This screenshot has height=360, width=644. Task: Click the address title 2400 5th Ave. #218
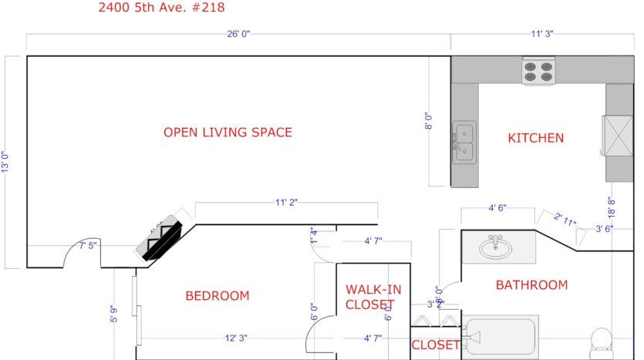(x=162, y=8)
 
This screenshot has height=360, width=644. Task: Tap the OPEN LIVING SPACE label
(x=228, y=133)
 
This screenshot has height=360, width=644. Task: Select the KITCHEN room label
(x=535, y=138)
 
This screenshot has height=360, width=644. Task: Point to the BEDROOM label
(x=217, y=296)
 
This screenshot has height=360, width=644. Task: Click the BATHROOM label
(x=531, y=285)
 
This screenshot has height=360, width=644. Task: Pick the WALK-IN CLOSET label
(x=373, y=297)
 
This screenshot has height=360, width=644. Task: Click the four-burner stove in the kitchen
(x=538, y=72)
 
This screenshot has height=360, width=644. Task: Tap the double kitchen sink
(x=464, y=143)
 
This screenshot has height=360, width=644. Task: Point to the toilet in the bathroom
(x=601, y=341)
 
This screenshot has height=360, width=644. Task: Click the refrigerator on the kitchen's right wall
(x=619, y=136)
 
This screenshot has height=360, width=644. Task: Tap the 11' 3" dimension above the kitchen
(x=541, y=35)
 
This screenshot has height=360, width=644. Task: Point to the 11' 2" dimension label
(x=286, y=202)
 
